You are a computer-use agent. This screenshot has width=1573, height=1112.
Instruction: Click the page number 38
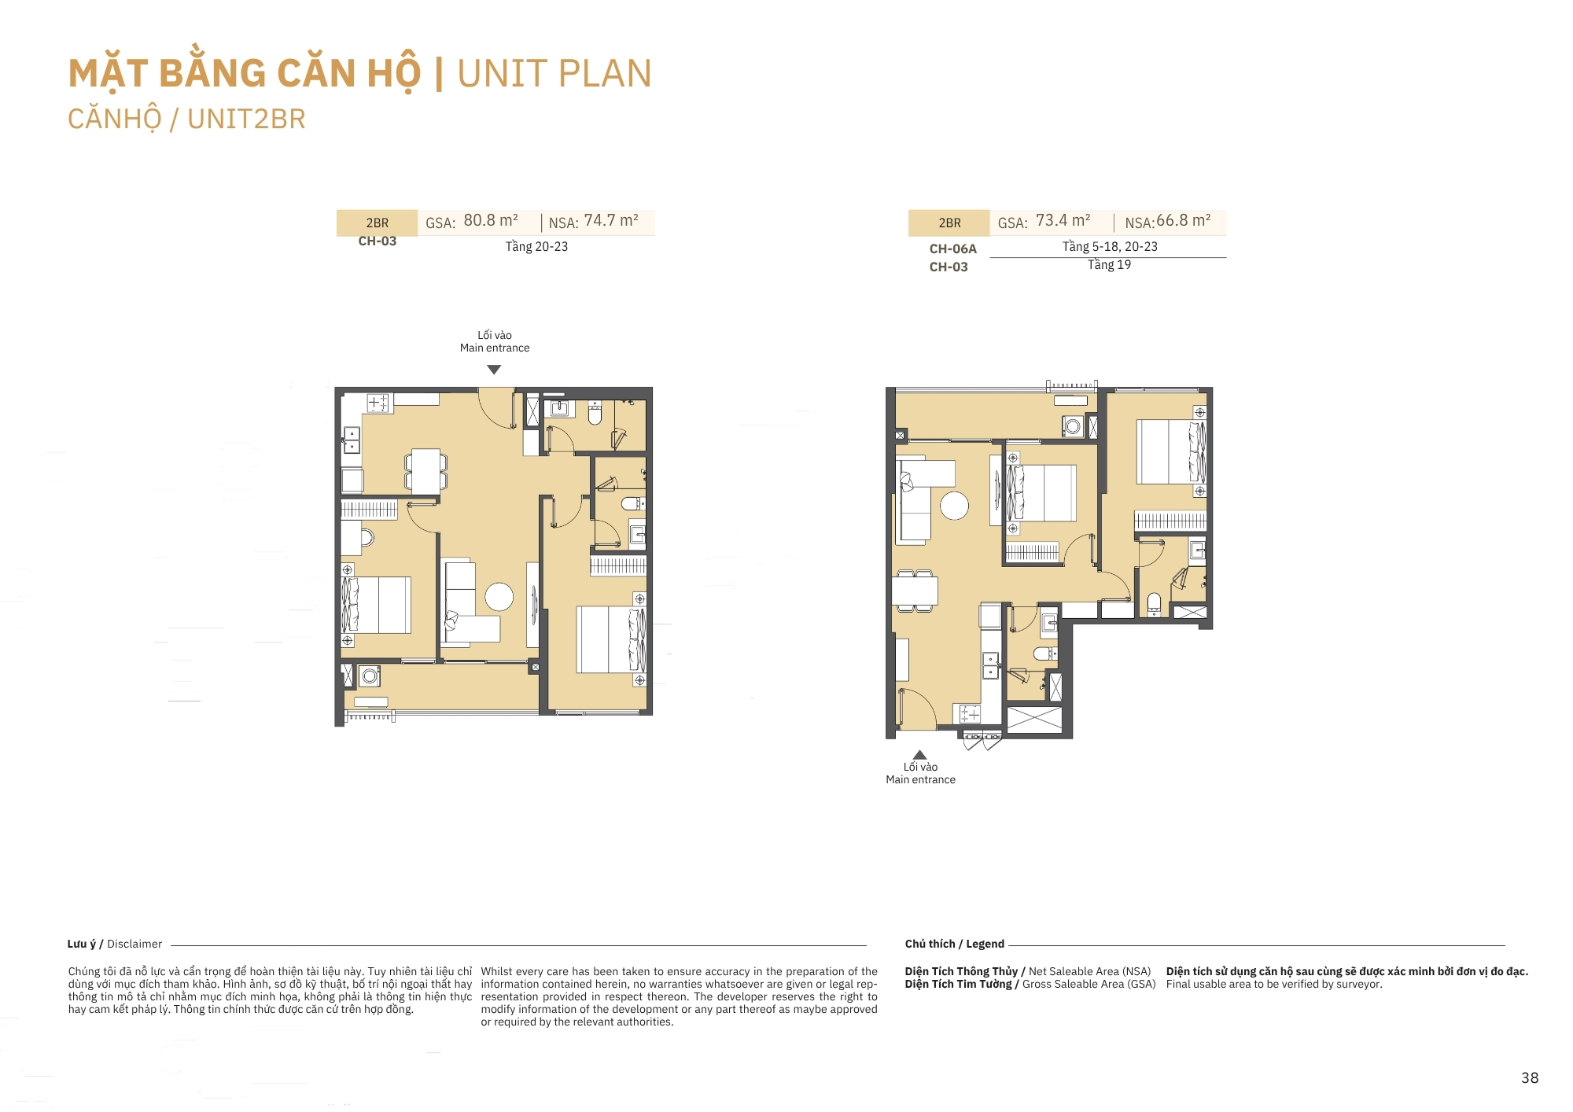click(1530, 1078)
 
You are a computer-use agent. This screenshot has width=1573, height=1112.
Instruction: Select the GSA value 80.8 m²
click(491, 221)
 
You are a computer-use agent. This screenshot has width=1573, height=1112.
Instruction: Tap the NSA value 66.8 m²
click(1184, 221)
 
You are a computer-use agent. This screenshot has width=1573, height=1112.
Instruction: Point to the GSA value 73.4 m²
click(1063, 221)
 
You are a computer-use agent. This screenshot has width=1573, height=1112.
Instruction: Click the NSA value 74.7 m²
click(611, 221)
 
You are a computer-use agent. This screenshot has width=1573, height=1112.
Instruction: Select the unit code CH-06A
click(953, 249)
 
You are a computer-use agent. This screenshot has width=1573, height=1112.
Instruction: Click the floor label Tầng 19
click(1110, 265)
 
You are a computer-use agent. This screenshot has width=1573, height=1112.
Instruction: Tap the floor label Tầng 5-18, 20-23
click(1110, 247)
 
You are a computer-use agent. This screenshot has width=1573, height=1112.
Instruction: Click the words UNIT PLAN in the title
click(554, 74)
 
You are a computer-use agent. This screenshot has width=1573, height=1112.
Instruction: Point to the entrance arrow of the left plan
click(494, 370)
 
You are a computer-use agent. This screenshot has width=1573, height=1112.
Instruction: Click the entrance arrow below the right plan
click(919, 755)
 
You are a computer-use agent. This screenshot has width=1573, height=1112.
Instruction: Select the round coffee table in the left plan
click(499, 597)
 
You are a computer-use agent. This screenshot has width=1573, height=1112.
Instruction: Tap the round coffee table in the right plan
click(955, 506)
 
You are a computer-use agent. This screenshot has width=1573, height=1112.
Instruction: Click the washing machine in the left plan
click(370, 676)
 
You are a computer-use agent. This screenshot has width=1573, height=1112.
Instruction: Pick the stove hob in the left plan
click(378, 403)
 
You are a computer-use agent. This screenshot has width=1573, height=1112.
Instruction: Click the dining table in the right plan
click(915, 590)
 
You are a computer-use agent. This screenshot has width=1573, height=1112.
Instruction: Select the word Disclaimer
click(134, 944)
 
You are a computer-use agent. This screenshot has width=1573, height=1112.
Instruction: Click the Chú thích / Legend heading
click(955, 944)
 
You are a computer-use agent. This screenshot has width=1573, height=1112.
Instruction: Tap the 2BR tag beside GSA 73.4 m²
click(949, 223)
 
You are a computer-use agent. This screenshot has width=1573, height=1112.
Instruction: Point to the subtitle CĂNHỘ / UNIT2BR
click(186, 120)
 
